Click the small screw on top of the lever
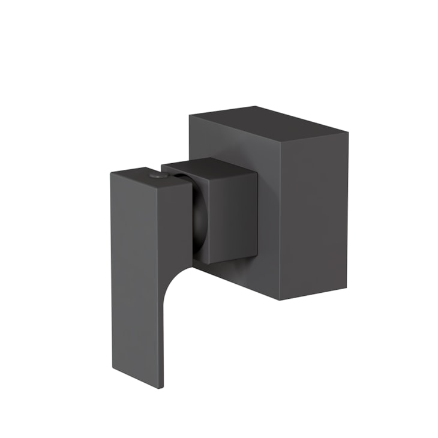click(158, 176)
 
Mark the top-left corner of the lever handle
click(112, 173)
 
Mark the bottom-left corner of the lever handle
click(112, 367)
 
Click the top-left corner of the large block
click(190, 115)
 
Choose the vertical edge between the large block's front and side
click(280, 216)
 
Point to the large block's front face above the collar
click(234, 141)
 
